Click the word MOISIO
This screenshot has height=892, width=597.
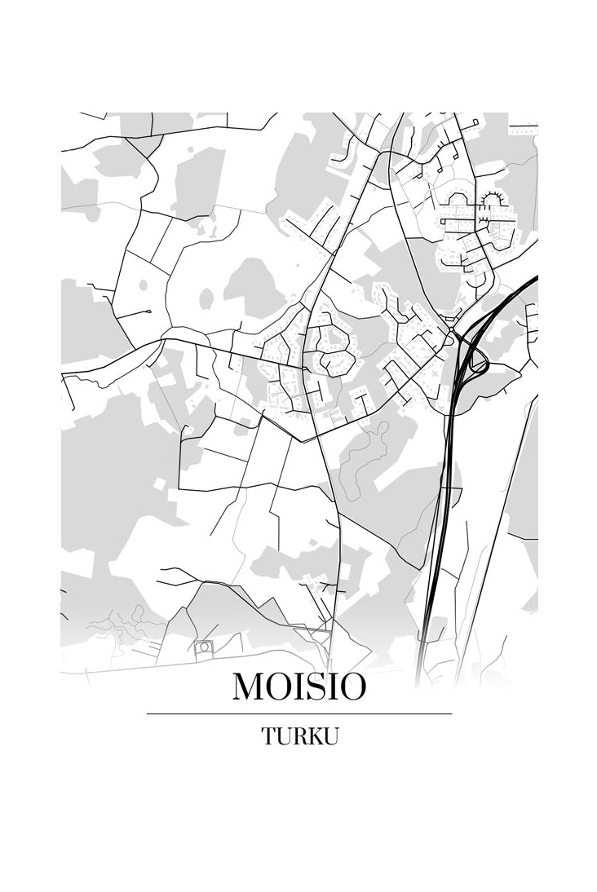coord(299,687)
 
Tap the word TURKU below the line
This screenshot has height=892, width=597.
coord(299,736)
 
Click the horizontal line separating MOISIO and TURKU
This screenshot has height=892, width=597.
coord(299,713)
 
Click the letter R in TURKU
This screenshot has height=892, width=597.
coord(294,736)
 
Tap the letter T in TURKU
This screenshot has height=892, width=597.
coord(268,736)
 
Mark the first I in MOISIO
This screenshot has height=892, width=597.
coord(299,687)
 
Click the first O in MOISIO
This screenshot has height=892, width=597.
coord(280,687)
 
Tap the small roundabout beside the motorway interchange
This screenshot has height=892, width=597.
coord(452,333)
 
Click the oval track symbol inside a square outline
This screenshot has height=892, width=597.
coord(203,647)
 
